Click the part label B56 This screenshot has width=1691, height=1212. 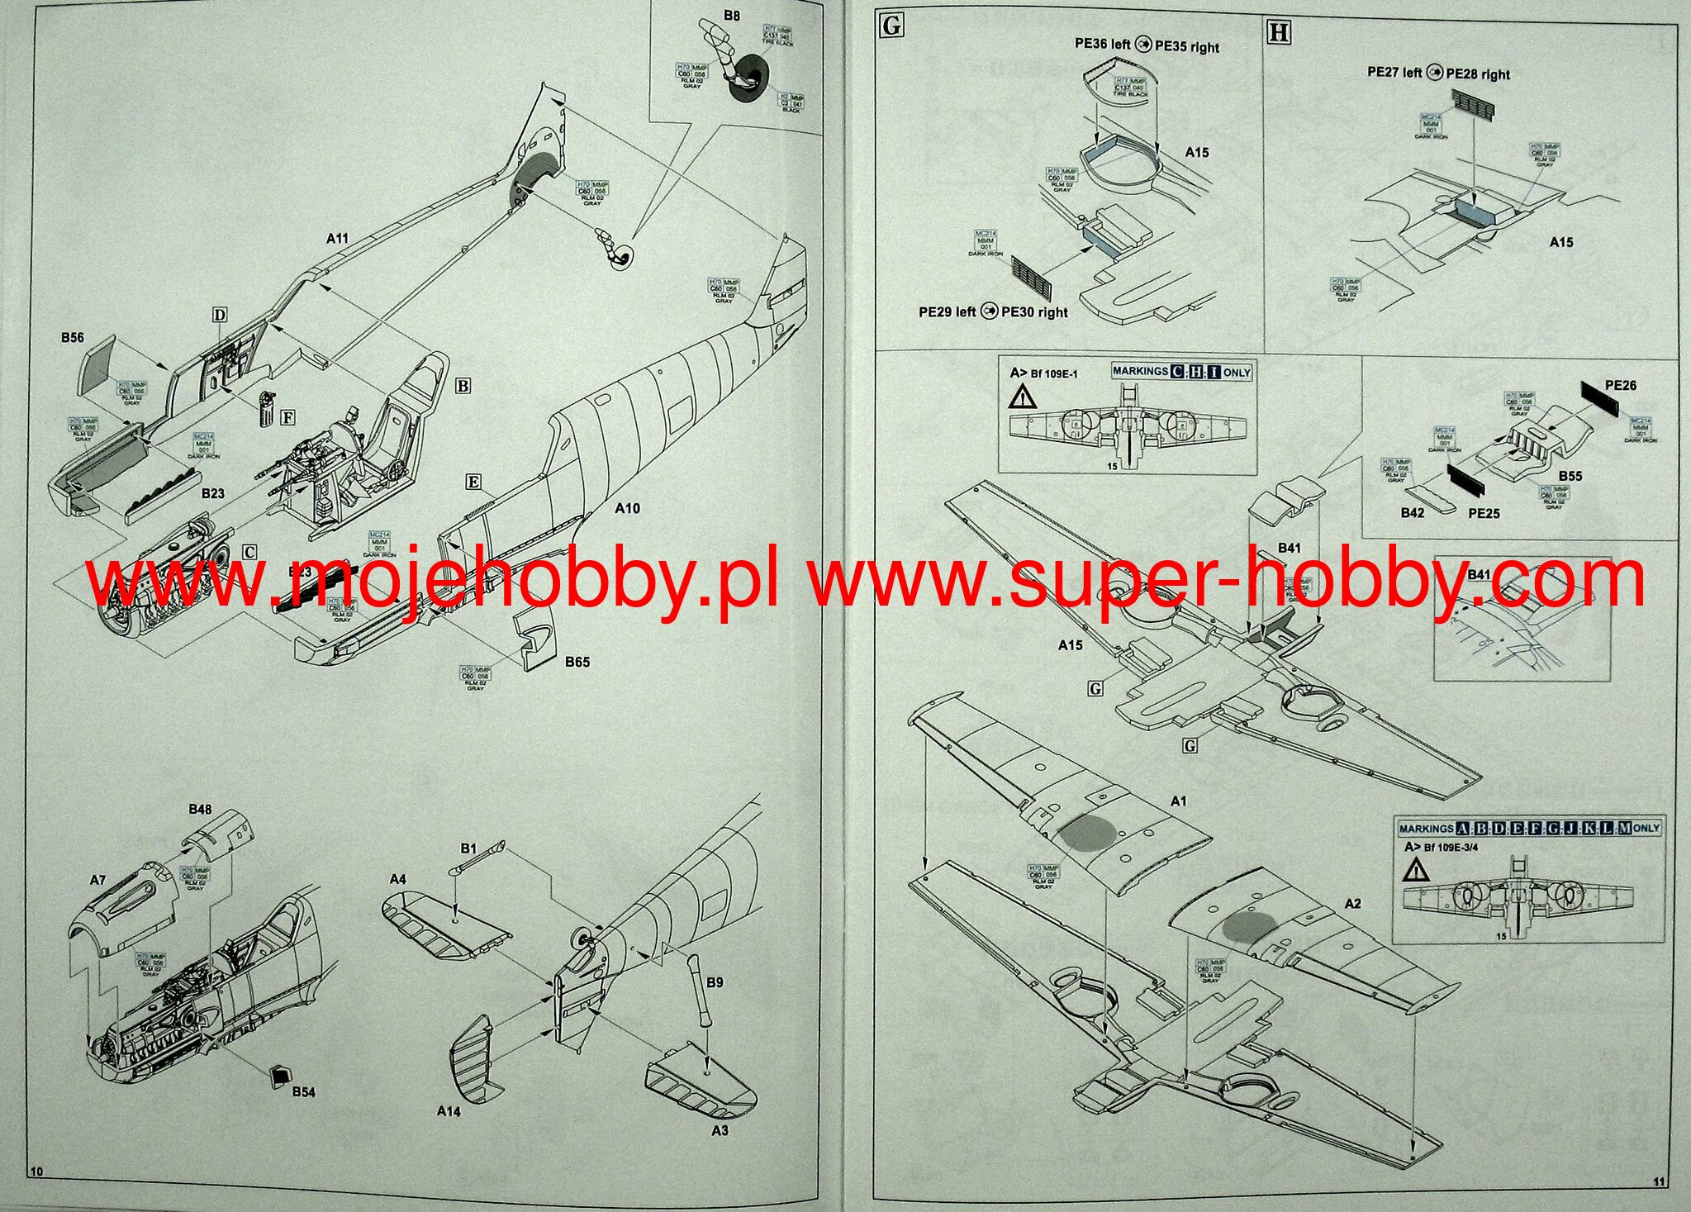[x=73, y=338]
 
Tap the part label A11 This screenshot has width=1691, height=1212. [x=337, y=239]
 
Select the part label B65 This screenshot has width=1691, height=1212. [x=577, y=662]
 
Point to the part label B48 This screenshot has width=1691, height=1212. [x=200, y=810]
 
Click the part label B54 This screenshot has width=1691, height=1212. [x=303, y=1092]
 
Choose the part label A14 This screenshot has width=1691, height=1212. [x=449, y=1111]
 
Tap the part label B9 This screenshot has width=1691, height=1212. [x=715, y=982]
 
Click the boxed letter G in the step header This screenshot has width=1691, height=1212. [x=892, y=26]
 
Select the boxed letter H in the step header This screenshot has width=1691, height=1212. [x=1278, y=32]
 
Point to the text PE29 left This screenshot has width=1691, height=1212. [x=947, y=312]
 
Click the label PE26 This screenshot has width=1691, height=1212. [x=1620, y=386]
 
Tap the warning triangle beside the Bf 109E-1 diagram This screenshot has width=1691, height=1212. [x=1022, y=398]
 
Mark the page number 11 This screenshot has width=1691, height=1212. [x=1660, y=1182]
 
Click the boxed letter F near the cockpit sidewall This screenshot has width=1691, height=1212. [x=287, y=418]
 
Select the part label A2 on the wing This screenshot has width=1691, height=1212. [x=1352, y=904]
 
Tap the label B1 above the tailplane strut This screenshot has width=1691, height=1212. [x=468, y=848]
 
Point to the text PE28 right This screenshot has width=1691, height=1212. [x=1478, y=74]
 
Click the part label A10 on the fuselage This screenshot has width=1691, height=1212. [x=627, y=509]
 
